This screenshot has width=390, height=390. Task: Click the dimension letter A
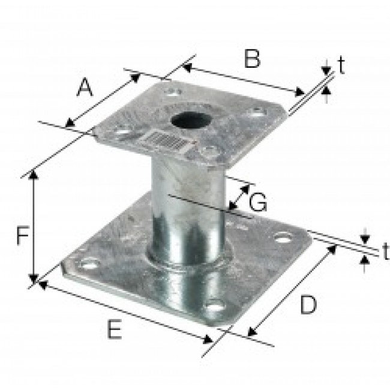click(85, 87)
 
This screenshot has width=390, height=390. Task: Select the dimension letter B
click(252, 59)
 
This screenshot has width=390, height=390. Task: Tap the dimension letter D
click(308, 304)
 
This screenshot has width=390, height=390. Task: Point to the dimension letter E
click(115, 329)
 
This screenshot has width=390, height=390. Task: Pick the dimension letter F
click(23, 235)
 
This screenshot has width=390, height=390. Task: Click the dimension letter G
click(258, 202)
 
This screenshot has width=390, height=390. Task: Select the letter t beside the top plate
click(342, 65)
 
